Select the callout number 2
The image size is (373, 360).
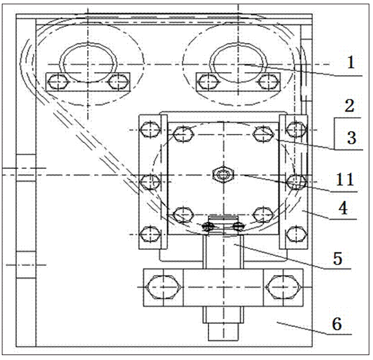tap(349, 106)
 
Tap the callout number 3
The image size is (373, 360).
tap(351, 137)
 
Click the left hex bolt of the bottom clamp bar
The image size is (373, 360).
tap(162, 287)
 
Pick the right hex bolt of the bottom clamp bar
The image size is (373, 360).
tap(281, 287)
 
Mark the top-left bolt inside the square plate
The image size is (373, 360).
tap(183, 132)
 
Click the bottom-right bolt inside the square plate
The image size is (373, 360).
tap(263, 215)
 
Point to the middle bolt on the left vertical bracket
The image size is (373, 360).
tap(149, 181)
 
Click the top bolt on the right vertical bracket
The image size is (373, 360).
tap(295, 129)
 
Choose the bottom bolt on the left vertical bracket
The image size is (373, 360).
tap(149, 233)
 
